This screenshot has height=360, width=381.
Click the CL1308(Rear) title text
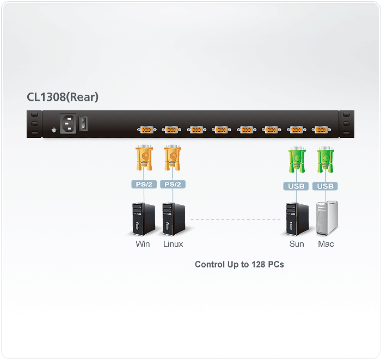[x=63, y=97]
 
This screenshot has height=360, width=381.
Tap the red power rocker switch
[x=84, y=123]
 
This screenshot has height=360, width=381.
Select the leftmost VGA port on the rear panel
[x=146, y=130]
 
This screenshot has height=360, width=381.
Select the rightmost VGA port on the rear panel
[x=321, y=130]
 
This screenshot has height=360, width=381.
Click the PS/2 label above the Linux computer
[x=173, y=185]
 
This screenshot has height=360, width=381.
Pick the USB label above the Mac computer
[x=325, y=186]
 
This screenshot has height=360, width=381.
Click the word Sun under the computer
[x=297, y=244]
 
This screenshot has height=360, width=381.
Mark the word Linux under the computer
[x=173, y=244]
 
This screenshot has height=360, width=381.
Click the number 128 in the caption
[x=257, y=265]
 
